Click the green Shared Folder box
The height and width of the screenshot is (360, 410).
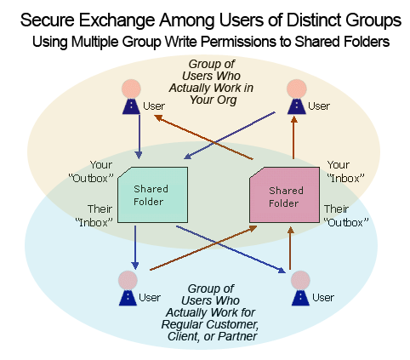[153, 195]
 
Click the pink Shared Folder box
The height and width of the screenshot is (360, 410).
[284, 195]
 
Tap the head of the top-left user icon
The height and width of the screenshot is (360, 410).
[131, 89]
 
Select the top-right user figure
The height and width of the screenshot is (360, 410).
[297, 97]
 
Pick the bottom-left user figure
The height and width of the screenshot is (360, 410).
[128, 288]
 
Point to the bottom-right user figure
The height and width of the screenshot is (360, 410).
[300, 288]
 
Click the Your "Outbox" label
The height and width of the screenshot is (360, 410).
[91, 172]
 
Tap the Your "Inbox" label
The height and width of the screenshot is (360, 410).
[345, 172]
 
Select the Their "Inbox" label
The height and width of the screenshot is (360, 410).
[94, 215]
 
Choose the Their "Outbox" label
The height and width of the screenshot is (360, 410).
[346, 215]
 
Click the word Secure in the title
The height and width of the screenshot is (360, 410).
[48, 20]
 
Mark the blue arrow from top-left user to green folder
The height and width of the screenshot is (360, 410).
[139, 137]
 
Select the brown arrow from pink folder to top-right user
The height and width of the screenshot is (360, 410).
[293, 137]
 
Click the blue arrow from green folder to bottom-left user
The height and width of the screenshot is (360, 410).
[135, 248]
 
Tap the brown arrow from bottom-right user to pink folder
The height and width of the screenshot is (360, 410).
[290, 248]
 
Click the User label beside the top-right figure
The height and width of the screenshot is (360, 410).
[319, 106]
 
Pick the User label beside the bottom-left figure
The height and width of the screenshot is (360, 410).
[150, 298]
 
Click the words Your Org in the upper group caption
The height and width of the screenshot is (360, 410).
[213, 100]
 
